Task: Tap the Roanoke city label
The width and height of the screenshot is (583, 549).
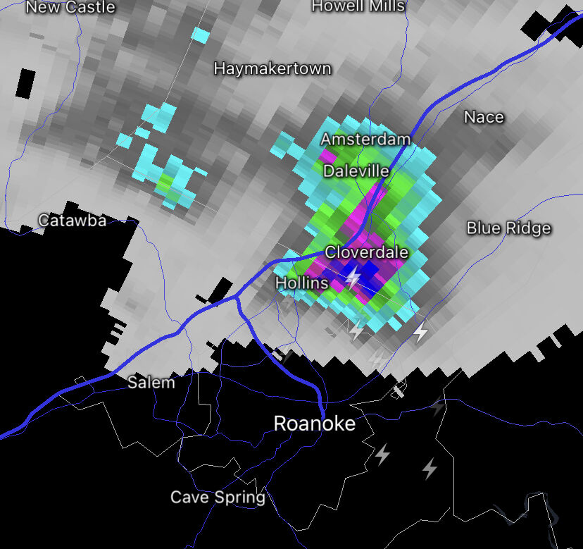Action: [314, 424]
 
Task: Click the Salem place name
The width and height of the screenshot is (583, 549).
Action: [151, 383]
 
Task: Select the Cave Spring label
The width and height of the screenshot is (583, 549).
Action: [218, 498]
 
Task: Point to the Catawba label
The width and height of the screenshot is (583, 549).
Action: [73, 221]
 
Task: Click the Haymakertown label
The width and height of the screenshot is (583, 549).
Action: [272, 69]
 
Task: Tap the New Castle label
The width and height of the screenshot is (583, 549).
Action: [70, 8]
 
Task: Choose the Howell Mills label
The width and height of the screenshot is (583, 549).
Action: [358, 6]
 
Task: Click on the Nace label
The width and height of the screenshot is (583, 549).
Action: [484, 117]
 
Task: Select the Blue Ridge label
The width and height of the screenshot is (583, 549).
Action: [508, 228]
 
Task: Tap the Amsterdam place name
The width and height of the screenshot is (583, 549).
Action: [365, 140]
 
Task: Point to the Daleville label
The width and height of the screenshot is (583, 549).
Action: [356, 171]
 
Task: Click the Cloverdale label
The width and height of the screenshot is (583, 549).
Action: [366, 252]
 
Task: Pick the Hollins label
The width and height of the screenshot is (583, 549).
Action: [301, 283]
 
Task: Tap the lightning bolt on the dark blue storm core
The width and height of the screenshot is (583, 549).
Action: [353, 277]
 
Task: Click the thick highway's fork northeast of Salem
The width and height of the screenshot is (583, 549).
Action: [237, 298]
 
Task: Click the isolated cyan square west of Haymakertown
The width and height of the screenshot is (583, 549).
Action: [201, 35]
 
